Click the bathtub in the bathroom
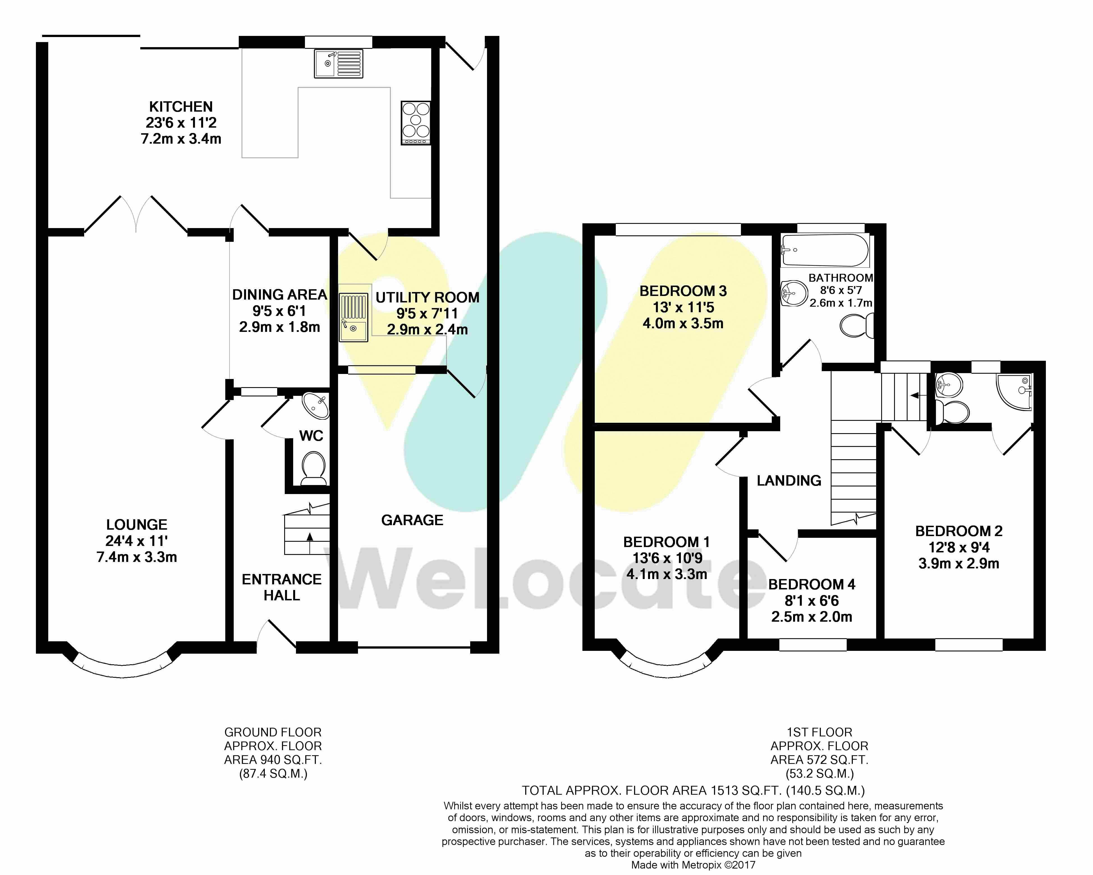[825, 250]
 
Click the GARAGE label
[412, 520]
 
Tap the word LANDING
[789, 481]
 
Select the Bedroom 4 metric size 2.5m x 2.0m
[812, 617]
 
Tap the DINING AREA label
[279, 295]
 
